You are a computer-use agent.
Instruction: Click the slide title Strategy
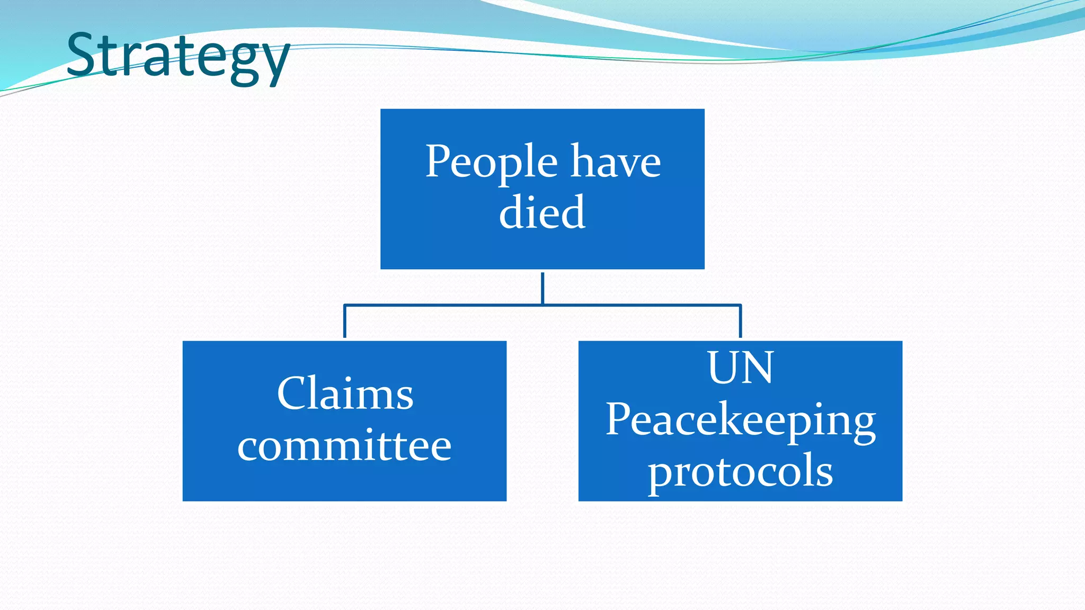click(178, 56)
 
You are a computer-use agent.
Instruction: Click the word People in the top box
click(491, 162)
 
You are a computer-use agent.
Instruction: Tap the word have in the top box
click(616, 162)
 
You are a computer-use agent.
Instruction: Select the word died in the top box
click(542, 212)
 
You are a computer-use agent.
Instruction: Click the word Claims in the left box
click(344, 393)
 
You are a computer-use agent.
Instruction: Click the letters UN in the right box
click(740, 367)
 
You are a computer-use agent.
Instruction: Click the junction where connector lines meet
click(542, 305)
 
